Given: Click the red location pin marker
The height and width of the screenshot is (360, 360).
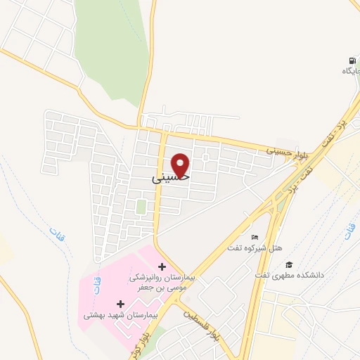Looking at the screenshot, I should [181, 165].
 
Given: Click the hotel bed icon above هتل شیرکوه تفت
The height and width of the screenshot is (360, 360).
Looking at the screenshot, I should [255, 237].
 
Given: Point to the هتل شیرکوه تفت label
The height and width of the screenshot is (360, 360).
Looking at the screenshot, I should [254, 248].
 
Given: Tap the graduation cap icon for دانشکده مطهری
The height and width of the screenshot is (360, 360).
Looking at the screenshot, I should [288, 264].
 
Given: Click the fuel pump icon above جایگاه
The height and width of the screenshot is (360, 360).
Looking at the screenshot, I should [350, 60].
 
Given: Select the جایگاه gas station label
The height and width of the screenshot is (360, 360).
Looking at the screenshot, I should [350, 71].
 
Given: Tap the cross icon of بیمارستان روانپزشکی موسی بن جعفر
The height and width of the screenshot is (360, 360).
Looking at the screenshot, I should [163, 266].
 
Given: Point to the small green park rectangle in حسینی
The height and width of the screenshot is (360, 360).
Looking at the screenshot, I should [141, 207].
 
